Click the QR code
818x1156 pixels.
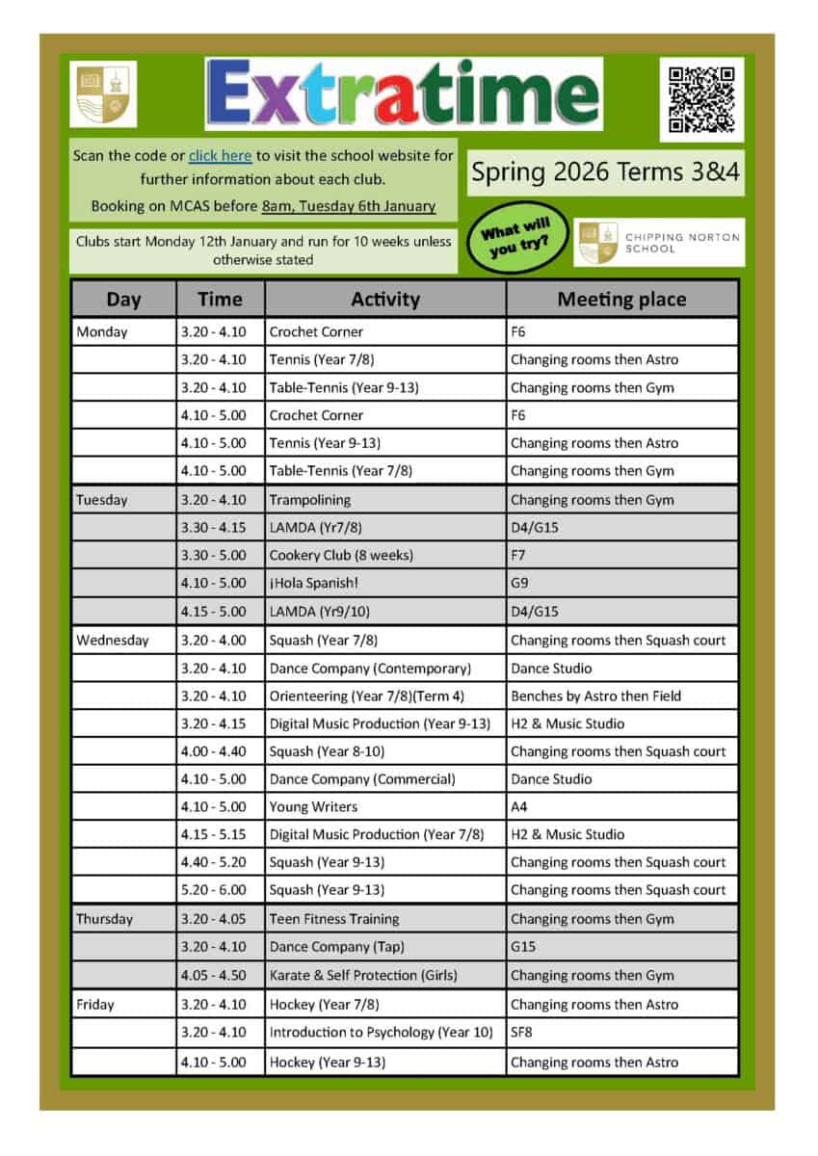[x=701, y=98]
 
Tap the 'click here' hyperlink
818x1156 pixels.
[x=220, y=155]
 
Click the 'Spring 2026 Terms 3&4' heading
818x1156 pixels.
[x=605, y=173]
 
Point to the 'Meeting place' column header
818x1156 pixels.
[x=621, y=299]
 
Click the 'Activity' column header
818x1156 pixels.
[x=385, y=299]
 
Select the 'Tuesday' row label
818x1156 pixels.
[x=102, y=500]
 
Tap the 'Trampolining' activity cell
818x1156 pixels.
[x=310, y=500]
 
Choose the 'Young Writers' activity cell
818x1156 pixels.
[x=313, y=806]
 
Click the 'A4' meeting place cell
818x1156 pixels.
[x=519, y=806]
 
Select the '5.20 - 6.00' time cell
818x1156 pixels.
[x=213, y=890]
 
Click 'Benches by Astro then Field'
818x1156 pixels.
[x=595, y=696]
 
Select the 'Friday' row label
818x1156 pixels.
[x=95, y=1004]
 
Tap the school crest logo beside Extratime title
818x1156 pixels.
[x=103, y=94]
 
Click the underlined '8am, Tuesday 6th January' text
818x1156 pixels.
[x=348, y=206]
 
